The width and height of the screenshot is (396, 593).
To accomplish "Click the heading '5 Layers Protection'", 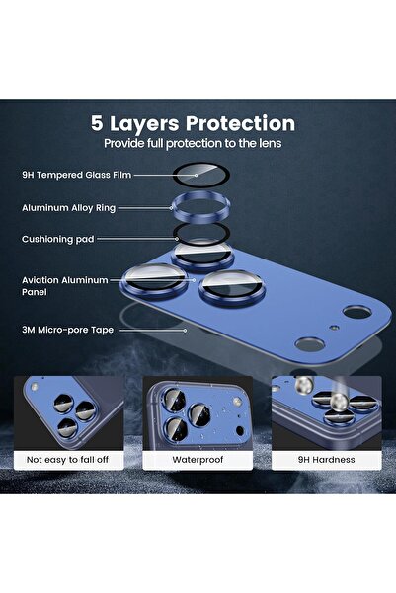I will pos(193,124).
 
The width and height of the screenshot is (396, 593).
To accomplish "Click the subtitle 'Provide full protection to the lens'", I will pos(193,144).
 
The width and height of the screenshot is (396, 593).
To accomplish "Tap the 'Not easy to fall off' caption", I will pos(69,460).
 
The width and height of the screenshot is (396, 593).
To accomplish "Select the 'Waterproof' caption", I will pos(197,460).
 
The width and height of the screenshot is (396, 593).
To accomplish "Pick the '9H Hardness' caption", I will pos(325,460).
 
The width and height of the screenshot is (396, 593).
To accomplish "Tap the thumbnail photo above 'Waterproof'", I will pos(197,412).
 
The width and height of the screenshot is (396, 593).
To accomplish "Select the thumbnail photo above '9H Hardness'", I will pos(325,412).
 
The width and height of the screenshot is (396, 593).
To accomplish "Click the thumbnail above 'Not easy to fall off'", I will pos(69,412).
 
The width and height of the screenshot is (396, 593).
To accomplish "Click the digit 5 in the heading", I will pos(98,124).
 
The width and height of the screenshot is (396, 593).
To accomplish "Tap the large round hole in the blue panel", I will pos(309,344).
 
